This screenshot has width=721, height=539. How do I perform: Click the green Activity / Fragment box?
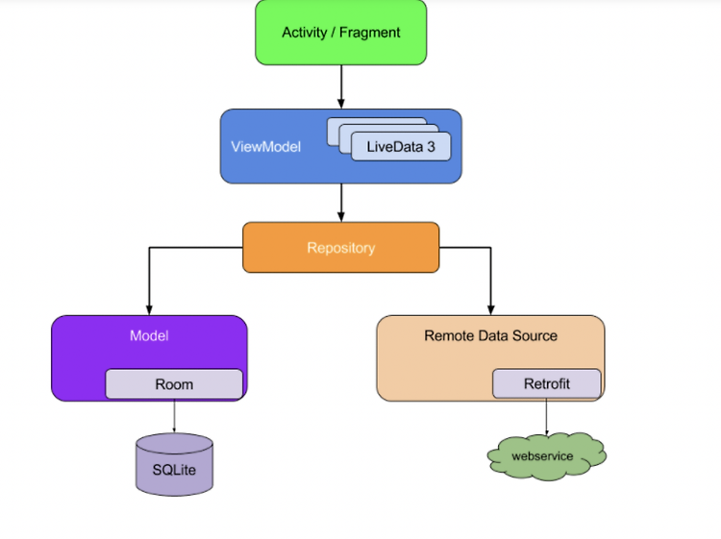[x=340, y=32]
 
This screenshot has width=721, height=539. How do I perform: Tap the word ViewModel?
[x=265, y=147]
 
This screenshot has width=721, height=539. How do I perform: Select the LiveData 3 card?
[x=401, y=147]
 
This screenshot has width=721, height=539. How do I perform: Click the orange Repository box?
[x=340, y=247]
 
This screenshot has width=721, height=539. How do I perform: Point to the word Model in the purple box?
[x=149, y=335]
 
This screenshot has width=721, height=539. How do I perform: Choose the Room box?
[x=174, y=384]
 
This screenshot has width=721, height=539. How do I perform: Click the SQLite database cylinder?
[x=174, y=465]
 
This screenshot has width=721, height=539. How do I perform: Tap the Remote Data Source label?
[x=490, y=335]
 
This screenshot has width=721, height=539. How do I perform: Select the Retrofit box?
[x=547, y=383]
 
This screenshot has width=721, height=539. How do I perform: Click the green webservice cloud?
[x=547, y=456]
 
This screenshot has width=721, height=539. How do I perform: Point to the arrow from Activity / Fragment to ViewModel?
[x=340, y=86]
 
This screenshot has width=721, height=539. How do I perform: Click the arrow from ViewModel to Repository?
[x=340, y=203]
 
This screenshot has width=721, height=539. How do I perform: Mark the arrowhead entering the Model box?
[x=149, y=309]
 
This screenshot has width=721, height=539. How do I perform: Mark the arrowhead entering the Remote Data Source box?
[x=490, y=309]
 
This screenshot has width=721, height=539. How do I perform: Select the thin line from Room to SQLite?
[x=174, y=416]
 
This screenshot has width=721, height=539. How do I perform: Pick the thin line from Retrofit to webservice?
[x=546, y=416]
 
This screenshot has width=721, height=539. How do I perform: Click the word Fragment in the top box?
[x=370, y=33]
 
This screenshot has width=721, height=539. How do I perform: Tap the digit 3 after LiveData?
[x=431, y=147]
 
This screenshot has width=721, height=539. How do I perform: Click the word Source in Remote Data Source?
[x=535, y=335]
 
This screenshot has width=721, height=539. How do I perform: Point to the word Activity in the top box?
[x=305, y=33]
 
